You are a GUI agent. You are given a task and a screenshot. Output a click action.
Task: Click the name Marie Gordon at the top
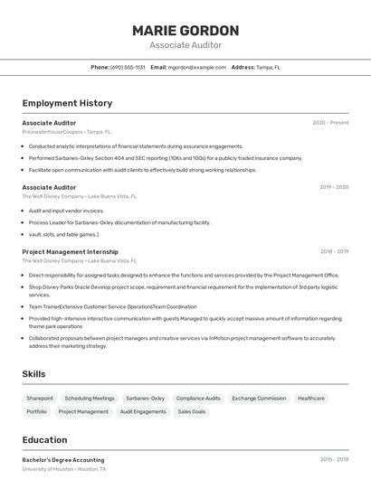tap(185, 30)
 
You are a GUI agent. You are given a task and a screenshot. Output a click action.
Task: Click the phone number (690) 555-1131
tap(128, 67)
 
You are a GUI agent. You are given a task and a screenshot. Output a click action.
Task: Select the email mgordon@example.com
tap(196, 67)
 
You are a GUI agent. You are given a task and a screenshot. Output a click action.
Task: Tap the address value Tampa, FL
tap(268, 67)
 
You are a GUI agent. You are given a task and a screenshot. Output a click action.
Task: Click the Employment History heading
tap(67, 103)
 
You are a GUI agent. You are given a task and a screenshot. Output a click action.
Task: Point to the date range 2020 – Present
tap(330, 123)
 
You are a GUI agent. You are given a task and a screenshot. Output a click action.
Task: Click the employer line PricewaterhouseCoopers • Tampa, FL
tap(67, 132)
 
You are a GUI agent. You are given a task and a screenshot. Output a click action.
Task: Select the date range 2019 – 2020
tap(334, 187)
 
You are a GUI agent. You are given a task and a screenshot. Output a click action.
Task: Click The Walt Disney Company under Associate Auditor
tap(52, 196)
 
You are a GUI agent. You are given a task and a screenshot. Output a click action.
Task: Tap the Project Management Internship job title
tap(70, 252)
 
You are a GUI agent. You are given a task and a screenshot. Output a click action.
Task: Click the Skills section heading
tap(33, 373)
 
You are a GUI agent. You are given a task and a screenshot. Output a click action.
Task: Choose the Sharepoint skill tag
tap(40, 398)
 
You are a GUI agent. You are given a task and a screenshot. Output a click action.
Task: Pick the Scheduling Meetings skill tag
tap(90, 398)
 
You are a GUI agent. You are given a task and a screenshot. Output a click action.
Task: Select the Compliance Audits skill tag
tap(198, 398)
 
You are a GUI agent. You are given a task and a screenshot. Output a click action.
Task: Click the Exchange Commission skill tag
tap(259, 398)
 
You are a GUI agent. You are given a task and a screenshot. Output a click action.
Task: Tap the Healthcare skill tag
tap(311, 398)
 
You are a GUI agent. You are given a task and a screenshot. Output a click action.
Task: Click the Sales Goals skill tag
tap(192, 411)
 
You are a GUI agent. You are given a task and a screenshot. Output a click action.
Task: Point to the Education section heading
tap(44, 440)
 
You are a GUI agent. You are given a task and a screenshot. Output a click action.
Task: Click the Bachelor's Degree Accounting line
tap(63, 460)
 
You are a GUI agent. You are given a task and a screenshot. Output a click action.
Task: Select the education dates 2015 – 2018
tap(334, 460)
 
